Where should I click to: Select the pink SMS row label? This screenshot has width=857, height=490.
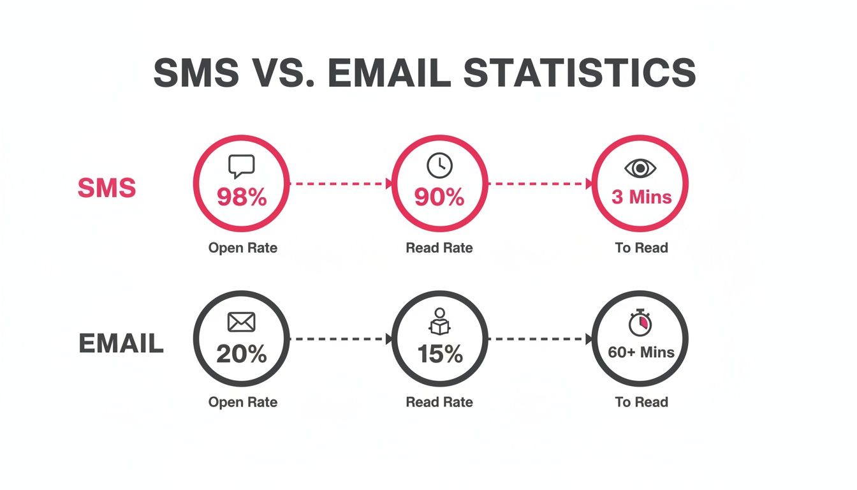pos(106,188)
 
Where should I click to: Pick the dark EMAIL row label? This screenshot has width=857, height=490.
pos(121,344)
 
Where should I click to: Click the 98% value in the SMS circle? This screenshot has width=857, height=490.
pos(242,197)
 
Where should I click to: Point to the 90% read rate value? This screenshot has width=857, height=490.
pos(439,197)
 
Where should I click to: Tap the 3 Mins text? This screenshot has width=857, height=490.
pos(641,197)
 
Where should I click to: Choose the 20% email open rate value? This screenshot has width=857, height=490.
pos(242,353)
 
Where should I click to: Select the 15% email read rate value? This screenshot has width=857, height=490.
pos(439,353)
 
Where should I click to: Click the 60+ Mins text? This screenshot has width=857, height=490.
pos(641,352)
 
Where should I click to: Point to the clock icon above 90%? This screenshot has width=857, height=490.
pos(439,166)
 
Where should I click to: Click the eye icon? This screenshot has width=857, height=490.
pos(640,168)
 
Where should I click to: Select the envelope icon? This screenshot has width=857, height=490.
pos(241,323)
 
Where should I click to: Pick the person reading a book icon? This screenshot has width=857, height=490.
pos(439,322)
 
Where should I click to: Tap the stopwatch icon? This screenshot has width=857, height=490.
pos(640,323)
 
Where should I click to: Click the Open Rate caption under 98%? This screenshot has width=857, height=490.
pos(243,248)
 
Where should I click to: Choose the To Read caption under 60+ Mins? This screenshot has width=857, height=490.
pos(641,402)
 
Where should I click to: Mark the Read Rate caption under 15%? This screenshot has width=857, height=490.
pos(439,402)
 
